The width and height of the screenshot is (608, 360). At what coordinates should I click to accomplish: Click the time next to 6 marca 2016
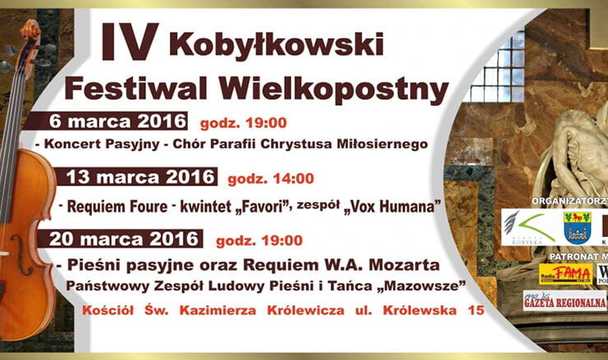[243, 124]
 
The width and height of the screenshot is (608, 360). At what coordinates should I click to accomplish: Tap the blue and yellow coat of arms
[577, 227]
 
